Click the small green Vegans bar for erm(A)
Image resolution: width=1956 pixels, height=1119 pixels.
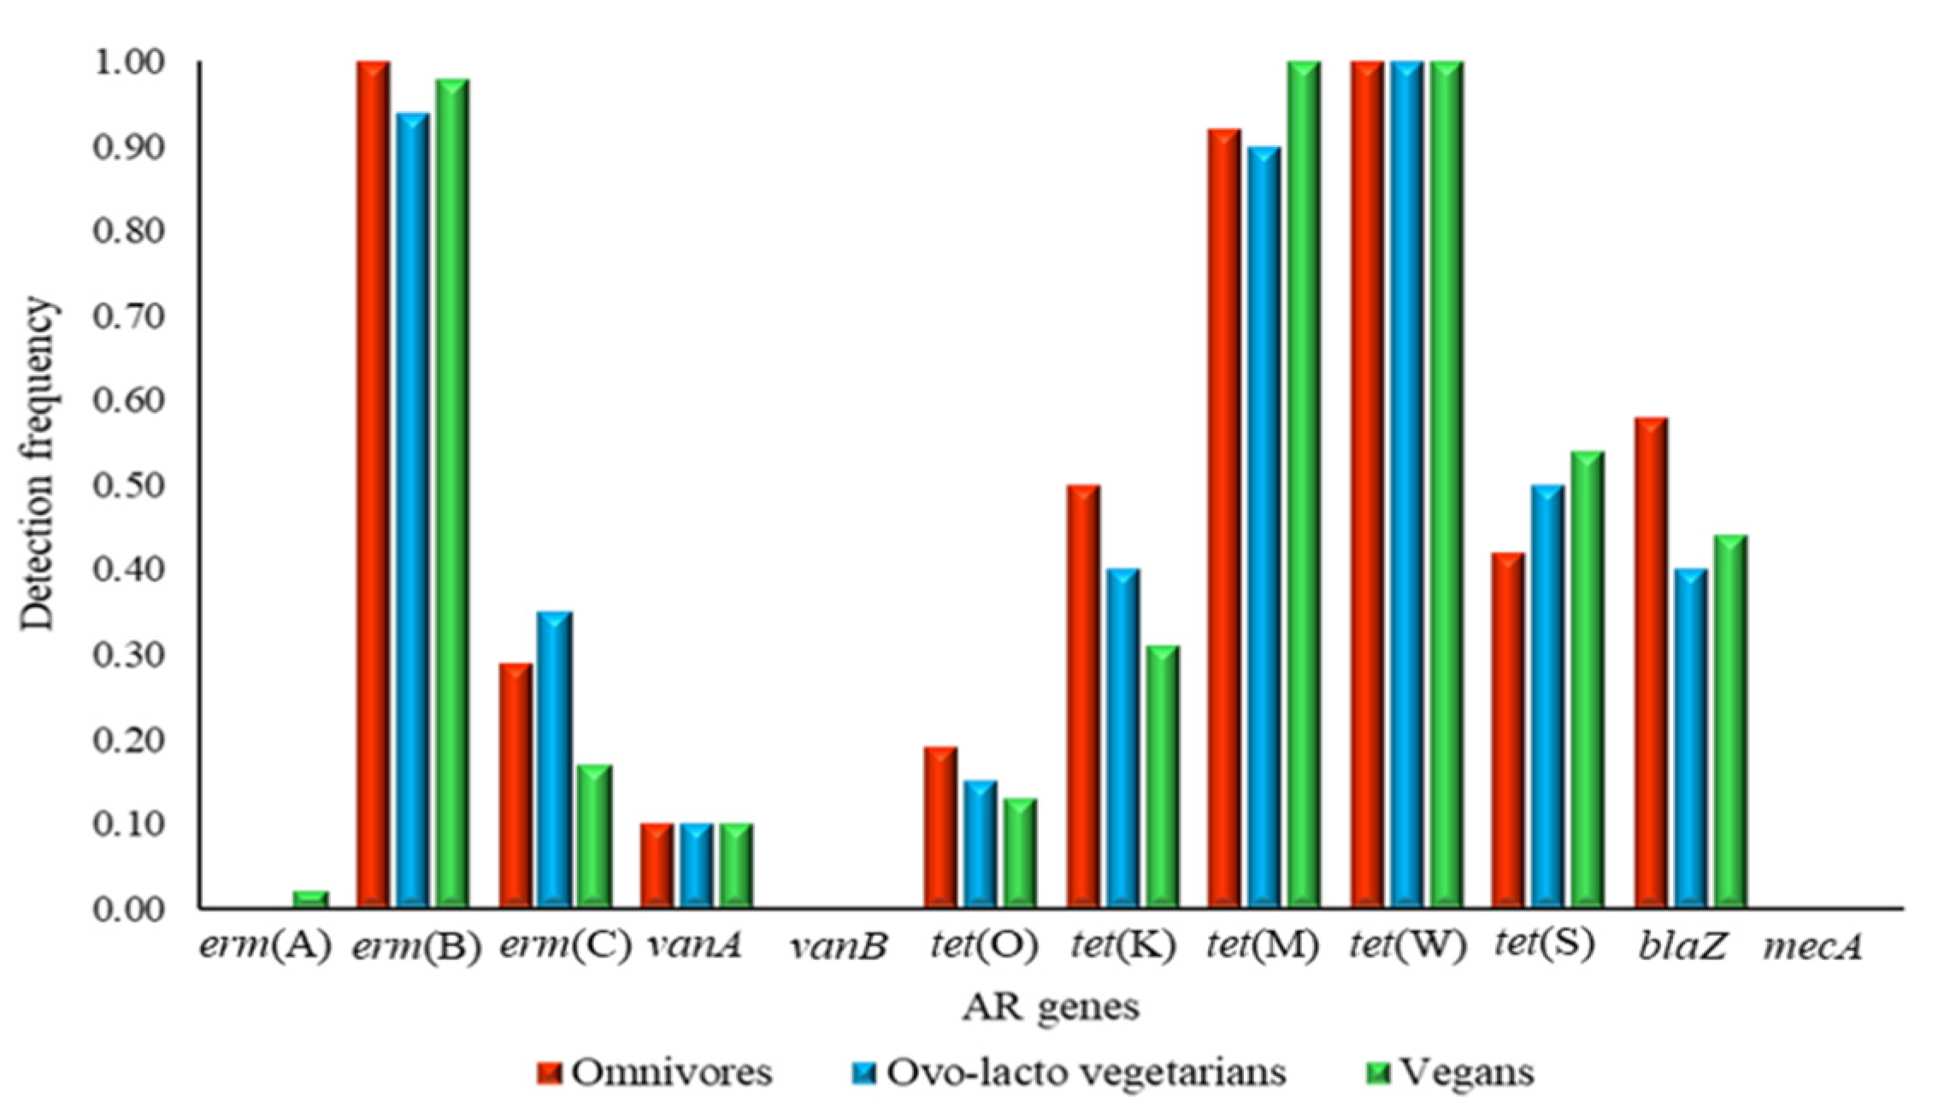pyautogui.click(x=310, y=898)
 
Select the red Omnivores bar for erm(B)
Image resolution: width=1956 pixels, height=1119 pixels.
pyautogui.click(x=374, y=484)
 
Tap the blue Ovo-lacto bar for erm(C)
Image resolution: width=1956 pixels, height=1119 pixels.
pyautogui.click(x=555, y=759)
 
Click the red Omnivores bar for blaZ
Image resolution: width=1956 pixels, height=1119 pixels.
pyautogui.click(x=1651, y=663)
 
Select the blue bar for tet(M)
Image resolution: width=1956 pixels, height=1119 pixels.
pyautogui.click(x=1264, y=527)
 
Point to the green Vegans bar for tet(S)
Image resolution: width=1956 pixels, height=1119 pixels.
pyautogui.click(x=1588, y=679)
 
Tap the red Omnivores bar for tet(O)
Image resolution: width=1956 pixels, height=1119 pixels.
pyautogui.click(x=940, y=827)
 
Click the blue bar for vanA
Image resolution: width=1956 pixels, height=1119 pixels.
pyautogui.click(x=697, y=864)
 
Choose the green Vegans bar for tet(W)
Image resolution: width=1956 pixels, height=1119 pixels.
pyautogui.click(x=1446, y=484)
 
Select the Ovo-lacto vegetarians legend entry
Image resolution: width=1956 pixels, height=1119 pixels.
pyautogui.click(x=1068, y=1072)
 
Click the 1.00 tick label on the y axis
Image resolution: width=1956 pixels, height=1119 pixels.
pyautogui.click(x=128, y=62)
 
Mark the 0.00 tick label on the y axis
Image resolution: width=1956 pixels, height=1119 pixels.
pyautogui.click(x=128, y=908)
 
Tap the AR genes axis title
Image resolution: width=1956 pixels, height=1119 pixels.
pyautogui.click(x=1051, y=1007)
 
